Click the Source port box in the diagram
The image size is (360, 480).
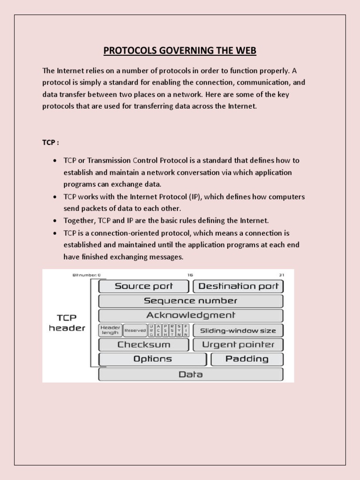pos(143,286)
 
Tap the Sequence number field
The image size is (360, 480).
pos(190,301)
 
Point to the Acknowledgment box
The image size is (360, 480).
pos(190,315)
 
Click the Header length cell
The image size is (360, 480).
pos(110,330)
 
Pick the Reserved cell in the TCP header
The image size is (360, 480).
pos(135,330)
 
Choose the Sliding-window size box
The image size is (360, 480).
pos(238,330)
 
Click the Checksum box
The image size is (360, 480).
pos(143,345)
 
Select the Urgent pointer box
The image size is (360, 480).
pos(238,345)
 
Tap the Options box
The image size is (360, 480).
pos(152,360)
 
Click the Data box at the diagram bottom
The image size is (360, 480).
pos(190,375)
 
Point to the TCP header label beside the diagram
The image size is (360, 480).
pos(67,323)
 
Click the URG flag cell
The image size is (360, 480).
pos(151,330)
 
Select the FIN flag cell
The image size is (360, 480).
pos(186,330)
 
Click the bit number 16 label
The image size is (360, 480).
pos(190,275)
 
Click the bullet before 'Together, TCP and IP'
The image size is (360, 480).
pos(55,221)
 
